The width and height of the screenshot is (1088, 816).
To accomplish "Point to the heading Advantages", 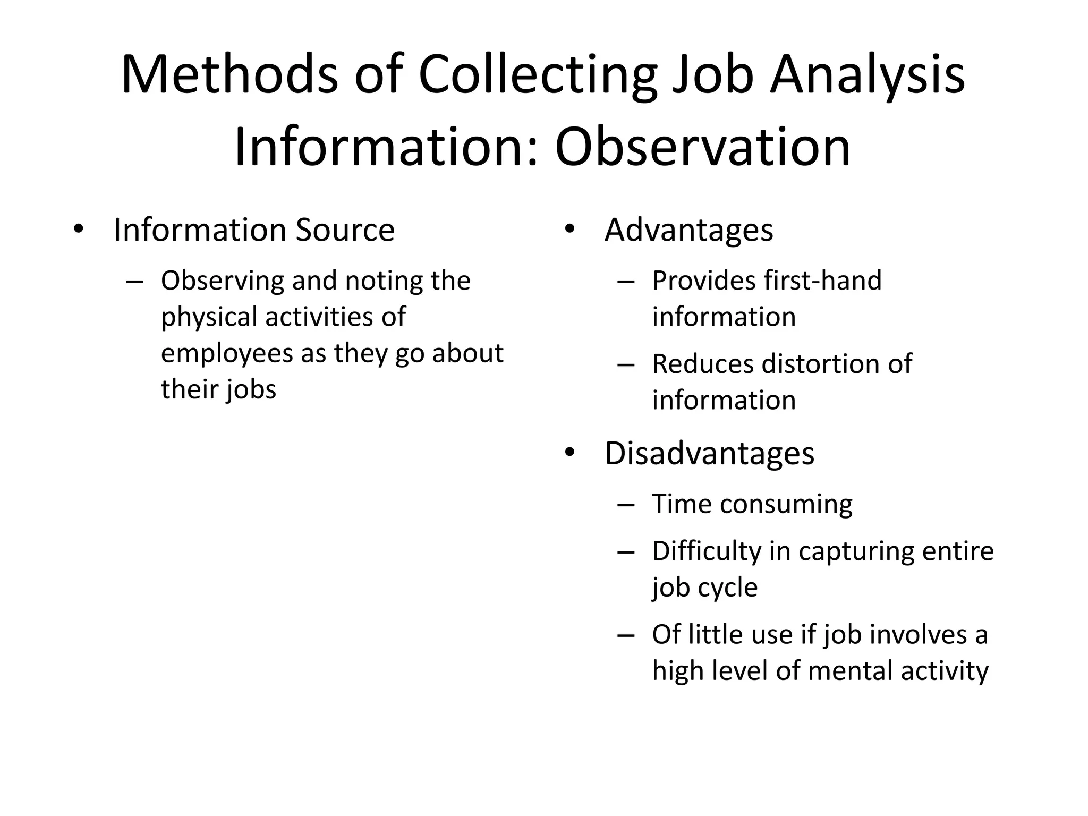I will click(x=688, y=230).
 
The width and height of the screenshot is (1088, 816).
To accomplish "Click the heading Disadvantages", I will click(x=709, y=453).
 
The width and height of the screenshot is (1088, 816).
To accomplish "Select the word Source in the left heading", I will click(x=345, y=230).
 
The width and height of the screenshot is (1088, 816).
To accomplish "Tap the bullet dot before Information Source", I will click(x=79, y=229).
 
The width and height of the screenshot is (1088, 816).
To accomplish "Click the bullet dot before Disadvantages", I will click(x=569, y=453).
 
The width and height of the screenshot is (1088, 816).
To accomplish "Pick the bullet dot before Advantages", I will click(x=569, y=229).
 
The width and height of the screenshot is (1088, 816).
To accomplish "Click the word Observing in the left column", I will click(x=223, y=281).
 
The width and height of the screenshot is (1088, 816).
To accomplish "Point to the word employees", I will click(x=227, y=353).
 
